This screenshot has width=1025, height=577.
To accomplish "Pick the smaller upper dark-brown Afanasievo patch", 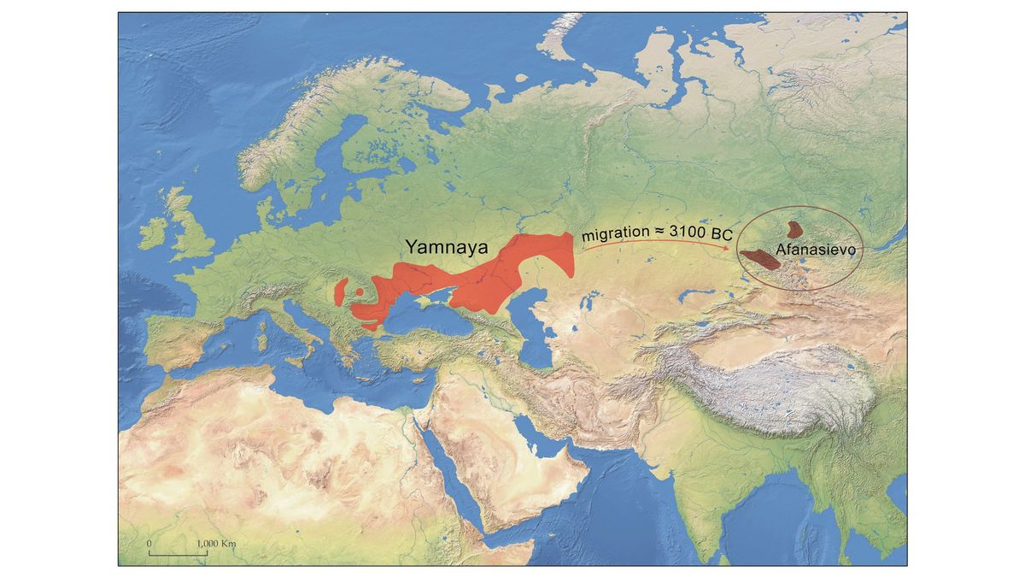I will click(795, 229).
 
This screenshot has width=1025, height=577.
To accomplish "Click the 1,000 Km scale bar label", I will click(215, 544).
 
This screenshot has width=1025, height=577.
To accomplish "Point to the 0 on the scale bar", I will click(149, 544).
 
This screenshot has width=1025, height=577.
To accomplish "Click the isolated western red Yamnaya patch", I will click(342, 291).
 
